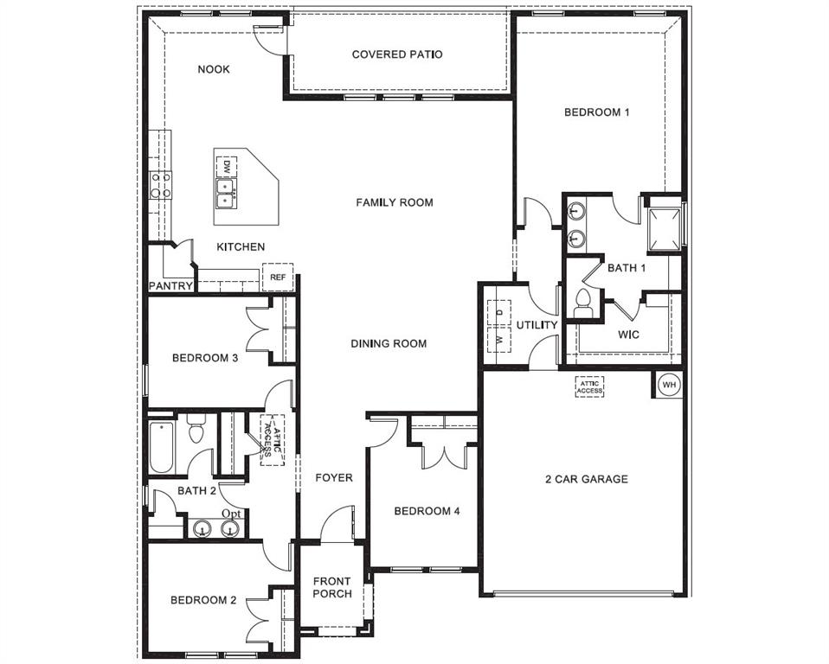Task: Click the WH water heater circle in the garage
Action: [x=669, y=384]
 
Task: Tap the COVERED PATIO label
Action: [x=397, y=54]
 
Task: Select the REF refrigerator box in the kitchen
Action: [x=278, y=277]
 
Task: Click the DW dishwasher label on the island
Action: [x=226, y=165]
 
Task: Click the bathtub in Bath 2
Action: [x=161, y=446]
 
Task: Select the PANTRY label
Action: [x=170, y=285]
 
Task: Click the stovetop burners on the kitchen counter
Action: [x=160, y=185]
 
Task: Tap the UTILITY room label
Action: [x=537, y=325]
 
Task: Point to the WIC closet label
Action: [x=628, y=334]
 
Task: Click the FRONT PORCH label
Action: [x=332, y=587]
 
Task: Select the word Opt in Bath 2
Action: [x=231, y=514]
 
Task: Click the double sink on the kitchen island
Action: [x=225, y=192]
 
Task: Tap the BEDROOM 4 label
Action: [x=427, y=511]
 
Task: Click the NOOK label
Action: [x=214, y=69]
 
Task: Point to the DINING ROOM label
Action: [x=389, y=343]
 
